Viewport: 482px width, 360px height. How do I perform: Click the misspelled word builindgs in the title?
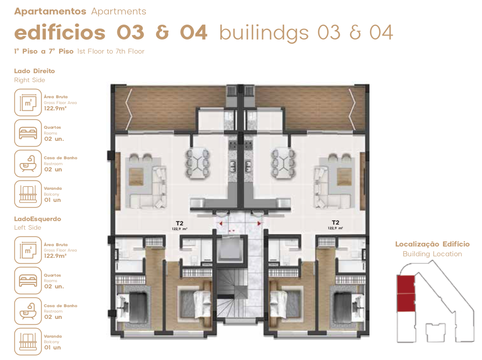(264, 33)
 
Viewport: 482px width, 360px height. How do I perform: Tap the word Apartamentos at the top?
(50, 11)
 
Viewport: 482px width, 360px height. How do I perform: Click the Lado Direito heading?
(34, 71)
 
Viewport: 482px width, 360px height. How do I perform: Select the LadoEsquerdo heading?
(38, 219)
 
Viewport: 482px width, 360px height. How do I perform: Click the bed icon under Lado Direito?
(28, 133)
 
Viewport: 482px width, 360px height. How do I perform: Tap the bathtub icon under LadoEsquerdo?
(28, 311)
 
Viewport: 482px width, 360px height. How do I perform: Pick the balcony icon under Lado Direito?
(28, 194)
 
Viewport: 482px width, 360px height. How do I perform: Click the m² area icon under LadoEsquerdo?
(28, 250)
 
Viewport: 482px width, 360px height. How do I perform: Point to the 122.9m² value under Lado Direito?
(55, 108)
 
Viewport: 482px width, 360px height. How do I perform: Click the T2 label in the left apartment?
(179, 223)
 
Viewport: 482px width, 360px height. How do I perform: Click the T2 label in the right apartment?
(335, 222)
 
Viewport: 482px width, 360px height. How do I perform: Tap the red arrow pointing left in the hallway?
(221, 223)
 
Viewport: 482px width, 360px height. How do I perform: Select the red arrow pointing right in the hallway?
(259, 223)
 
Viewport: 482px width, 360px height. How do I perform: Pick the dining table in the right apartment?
(283, 163)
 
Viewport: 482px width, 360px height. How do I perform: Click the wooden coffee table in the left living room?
(136, 176)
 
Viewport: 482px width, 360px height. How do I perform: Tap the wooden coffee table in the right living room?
(344, 176)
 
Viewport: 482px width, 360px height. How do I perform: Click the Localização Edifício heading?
(432, 244)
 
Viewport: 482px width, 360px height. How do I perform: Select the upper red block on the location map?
(406, 284)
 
